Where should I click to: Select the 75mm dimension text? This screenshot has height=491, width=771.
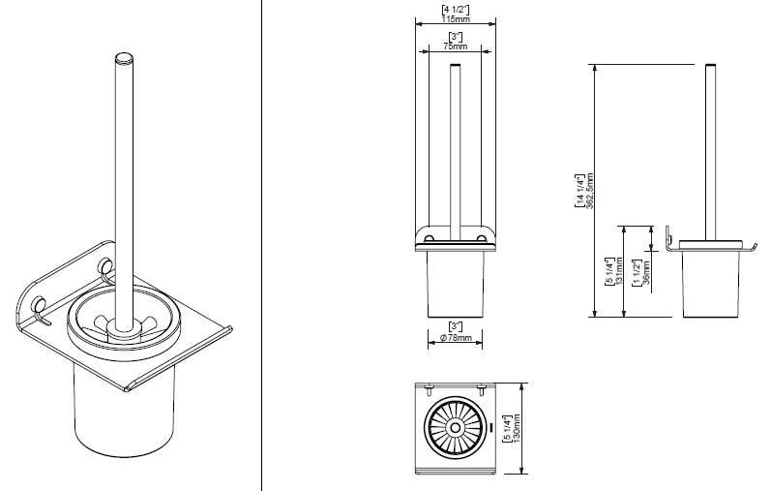(455, 46)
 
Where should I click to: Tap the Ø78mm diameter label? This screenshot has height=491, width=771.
(456, 338)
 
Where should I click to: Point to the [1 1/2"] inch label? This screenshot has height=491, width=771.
(637, 272)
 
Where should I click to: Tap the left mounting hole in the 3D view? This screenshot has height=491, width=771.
(39, 308)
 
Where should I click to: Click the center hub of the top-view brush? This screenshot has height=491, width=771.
(456, 426)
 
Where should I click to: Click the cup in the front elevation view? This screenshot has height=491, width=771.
(456, 286)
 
